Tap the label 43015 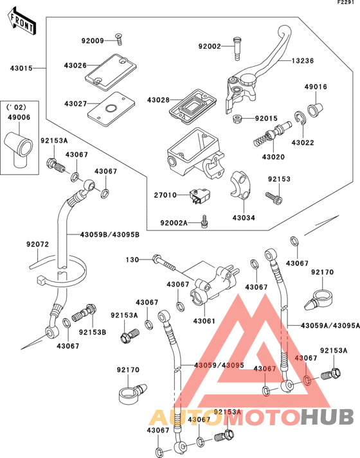[x=20, y=67]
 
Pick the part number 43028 [x=158, y=100]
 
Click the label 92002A [x=174, y=222]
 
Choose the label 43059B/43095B [x=110, y=234]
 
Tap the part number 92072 [x=37, y=244]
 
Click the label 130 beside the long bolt [x=132, y=260]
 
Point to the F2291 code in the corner [x=345, y=3]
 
